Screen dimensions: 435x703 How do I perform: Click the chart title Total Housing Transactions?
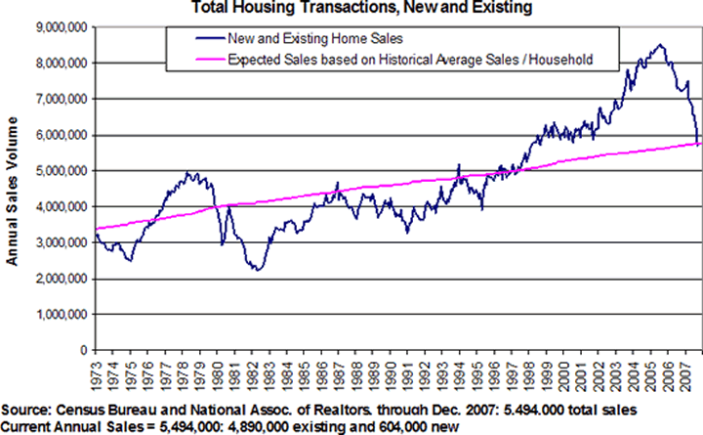(x=351, y=9)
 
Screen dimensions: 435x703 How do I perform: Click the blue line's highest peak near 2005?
(x=661, y=44)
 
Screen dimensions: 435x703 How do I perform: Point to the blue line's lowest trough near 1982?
(x=257, y=269)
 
